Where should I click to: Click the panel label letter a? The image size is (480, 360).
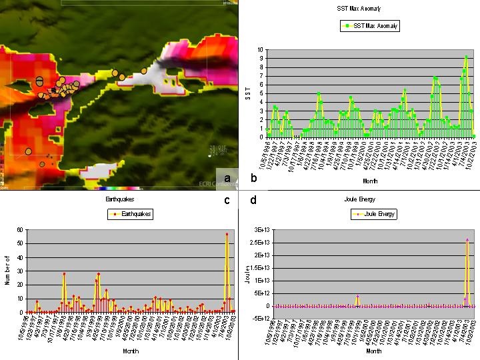(228, 178)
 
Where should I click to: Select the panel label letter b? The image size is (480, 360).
(253, 178)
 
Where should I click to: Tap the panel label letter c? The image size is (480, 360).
(227, 199)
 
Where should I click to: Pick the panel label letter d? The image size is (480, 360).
(253, 199)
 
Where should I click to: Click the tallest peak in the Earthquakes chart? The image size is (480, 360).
(227, 234)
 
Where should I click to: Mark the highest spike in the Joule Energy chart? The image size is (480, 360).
(467, 239)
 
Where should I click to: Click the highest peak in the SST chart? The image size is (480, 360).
(466, 57)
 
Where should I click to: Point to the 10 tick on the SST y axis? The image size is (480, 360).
(260, 50)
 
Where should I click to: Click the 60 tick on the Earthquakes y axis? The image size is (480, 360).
(21, 230)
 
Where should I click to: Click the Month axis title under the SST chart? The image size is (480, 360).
(370, 180)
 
